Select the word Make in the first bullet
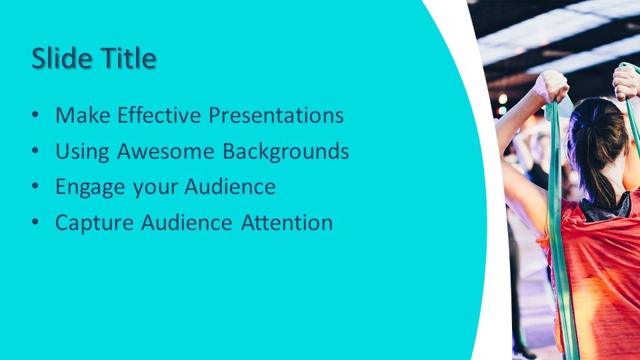click(x=83, y=115)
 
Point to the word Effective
click(x=159, y=115)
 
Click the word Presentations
click(x=276, y=115)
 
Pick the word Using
click(x=83, y=152)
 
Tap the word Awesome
click(x=166, y=151)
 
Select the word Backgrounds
click(x=286, y=152)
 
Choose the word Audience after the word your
click(x=230, y=187)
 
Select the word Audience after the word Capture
click(x=187, y=223)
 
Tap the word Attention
click(x=287, y=223)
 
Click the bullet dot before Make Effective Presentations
click(x=35, y=115)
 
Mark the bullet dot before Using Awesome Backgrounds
click(x=35, y=151)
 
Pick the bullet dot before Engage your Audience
click(x=35, y=187)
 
